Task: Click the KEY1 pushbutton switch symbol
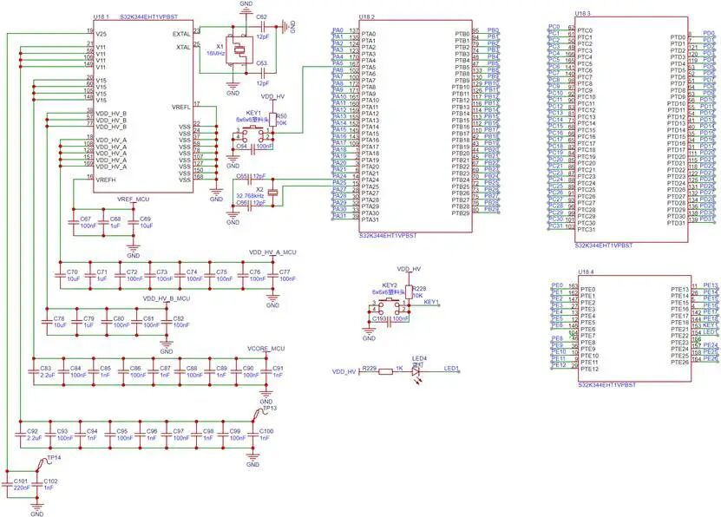[x=252, y=134]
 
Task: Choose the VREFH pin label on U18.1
[x=105, y=179]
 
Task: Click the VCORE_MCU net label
[x=265, y=349]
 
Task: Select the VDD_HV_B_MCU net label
[x=166, y=298]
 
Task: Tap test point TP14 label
[x=53, y=456]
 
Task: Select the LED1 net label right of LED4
[x=451, y=369]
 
